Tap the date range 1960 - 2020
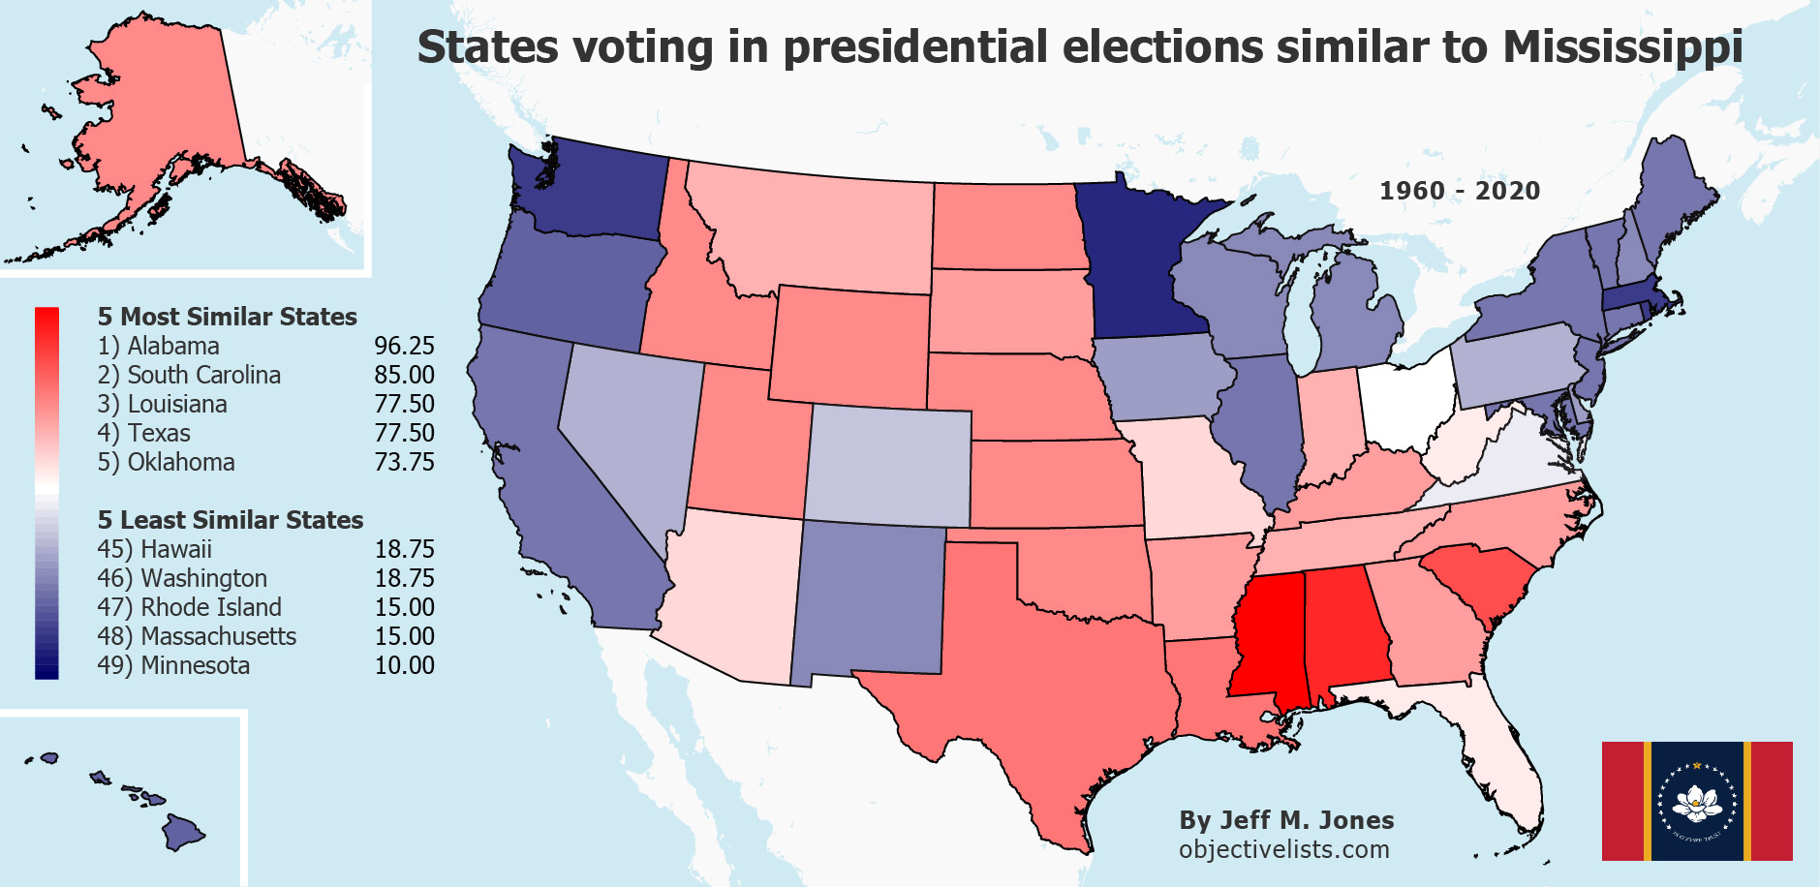pos(1460,191)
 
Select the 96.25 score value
pos(404,346)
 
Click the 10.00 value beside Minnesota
pos(404,665)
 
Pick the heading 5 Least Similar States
pos(231,520)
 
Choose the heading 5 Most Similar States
pos(228,317)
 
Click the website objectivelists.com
pos(1283,849)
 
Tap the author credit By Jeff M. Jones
pos(1286,820)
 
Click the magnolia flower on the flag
pos(1697,801)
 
